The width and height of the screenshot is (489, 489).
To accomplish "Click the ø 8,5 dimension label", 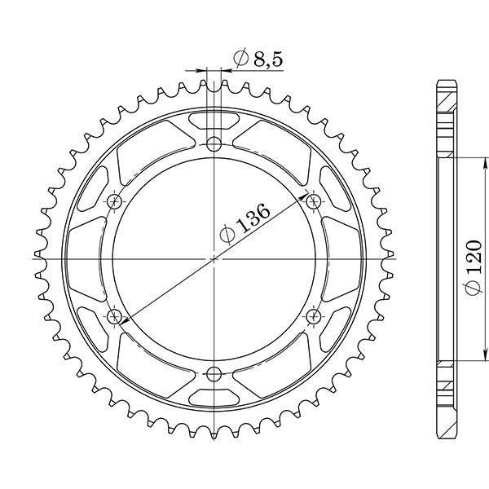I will pos(258,58).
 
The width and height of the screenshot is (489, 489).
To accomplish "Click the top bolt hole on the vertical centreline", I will pos(214,145).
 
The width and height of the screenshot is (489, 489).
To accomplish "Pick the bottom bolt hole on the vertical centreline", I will pos(214,374).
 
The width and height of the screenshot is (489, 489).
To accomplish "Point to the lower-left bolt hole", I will pos(114,316).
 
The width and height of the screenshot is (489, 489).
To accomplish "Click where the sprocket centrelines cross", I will pos(214,259).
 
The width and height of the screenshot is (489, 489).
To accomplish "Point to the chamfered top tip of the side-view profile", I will pos(446,83).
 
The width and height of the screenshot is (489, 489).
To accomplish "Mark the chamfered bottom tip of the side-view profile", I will pos(446,434).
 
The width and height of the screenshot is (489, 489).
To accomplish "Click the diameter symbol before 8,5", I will pos(241,58).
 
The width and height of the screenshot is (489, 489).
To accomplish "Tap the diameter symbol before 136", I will pos(229,234).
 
